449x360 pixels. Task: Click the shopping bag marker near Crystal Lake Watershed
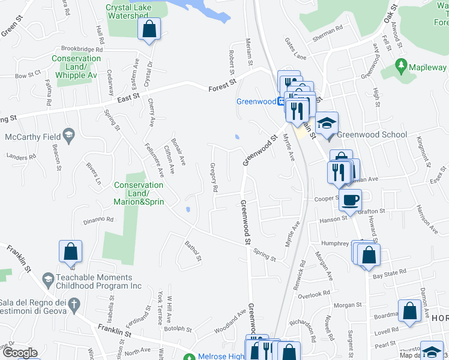[148, 28]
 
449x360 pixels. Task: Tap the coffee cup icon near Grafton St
[350, 199]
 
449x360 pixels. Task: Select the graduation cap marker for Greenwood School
[327, 124]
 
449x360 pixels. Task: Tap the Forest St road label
[223, 87]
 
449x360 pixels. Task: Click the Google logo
[19, 352]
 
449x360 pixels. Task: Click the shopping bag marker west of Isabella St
[70, 252]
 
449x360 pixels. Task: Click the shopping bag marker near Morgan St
[410, 311]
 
